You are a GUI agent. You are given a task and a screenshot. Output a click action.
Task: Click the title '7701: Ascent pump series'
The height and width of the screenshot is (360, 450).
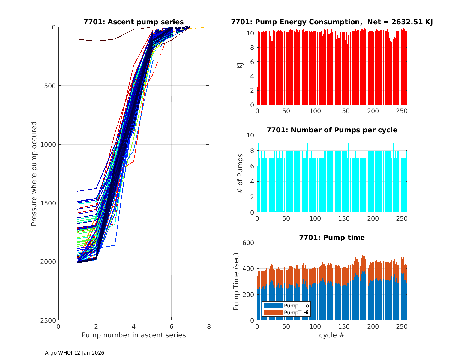133,22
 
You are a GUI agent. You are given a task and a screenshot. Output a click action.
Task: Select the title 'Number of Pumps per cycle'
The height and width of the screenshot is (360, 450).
332,130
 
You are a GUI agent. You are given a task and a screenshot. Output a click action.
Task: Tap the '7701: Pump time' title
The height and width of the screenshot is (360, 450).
332,238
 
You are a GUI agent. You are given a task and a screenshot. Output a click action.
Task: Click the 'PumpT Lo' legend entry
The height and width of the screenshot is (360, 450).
296,306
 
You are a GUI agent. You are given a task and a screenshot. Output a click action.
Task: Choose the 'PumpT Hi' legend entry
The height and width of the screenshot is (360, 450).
296,313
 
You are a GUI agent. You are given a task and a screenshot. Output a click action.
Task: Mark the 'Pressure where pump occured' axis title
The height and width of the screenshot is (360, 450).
34,173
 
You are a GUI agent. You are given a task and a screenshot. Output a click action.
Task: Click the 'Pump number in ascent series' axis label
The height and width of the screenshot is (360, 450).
133,335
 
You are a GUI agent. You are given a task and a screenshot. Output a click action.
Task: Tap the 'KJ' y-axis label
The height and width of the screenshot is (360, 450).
240,65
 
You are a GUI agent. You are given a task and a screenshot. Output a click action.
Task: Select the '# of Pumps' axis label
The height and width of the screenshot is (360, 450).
240,173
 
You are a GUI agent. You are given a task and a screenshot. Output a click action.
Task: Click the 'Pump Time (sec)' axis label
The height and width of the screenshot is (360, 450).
236,281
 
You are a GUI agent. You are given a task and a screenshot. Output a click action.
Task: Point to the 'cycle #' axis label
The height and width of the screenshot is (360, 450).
332,335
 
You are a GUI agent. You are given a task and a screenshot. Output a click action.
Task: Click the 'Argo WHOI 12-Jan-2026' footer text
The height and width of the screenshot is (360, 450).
75,353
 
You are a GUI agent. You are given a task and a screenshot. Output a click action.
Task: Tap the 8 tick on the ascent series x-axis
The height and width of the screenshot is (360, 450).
209,327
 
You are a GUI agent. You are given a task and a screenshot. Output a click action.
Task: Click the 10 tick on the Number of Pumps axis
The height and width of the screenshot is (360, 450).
250,135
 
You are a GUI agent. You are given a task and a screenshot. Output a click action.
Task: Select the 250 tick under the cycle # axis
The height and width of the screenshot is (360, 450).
402,327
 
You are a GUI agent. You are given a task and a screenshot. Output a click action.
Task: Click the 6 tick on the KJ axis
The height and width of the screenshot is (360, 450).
252,62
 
